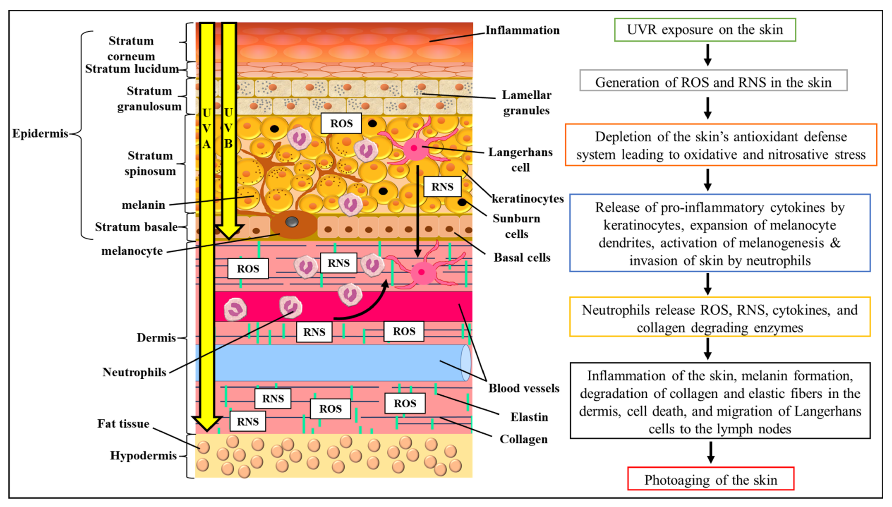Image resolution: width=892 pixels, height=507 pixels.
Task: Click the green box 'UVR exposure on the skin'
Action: point(705,30)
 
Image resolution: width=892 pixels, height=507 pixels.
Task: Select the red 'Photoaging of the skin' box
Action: point(711,479)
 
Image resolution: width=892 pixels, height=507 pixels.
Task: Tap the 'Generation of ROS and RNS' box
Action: point(713,81)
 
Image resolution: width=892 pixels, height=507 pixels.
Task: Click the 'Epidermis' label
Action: point(40,133)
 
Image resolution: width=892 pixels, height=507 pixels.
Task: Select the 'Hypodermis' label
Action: point(143,455)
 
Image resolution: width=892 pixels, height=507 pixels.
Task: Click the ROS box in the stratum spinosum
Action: point(341,123)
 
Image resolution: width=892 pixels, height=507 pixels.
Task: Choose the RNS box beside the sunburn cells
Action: point(442,187)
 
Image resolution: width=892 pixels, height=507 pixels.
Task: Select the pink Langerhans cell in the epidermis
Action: point(415,148)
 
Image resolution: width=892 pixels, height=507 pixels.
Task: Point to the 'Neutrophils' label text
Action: point(134,372)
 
